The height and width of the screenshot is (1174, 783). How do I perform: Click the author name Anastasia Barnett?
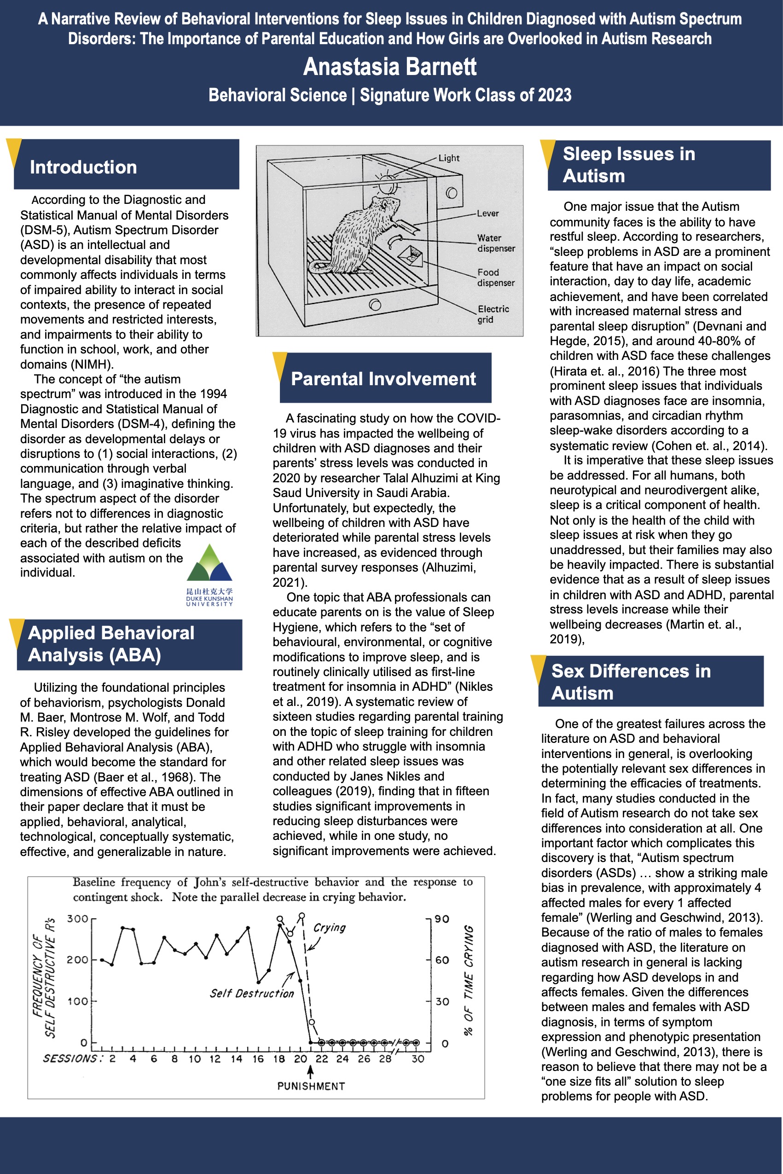click(x=389, y=67)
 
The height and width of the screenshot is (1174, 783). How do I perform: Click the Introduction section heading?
click(x=83, y=167)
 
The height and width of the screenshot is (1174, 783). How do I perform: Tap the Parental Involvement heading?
click(x=383, y=379)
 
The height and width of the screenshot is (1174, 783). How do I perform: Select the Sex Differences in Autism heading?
click(x=631, y=682)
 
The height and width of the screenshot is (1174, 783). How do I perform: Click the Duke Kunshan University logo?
click(x=209, y=574)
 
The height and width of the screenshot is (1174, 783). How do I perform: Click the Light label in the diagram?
click(x=448, y=158)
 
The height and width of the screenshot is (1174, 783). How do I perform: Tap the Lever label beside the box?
click(x=487, y=214)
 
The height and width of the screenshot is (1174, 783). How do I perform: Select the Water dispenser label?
click(x=495, y=243)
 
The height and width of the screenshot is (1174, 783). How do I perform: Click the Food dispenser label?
click(x=495, y=278)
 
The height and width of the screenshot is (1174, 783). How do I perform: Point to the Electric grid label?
click(x=493, y=314)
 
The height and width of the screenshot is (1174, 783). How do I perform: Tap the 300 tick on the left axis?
click(x=77, y=919)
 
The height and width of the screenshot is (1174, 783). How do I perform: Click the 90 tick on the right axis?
click(x=442, y=919)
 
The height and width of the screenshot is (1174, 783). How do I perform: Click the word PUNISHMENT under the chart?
click(x=311, y=1087)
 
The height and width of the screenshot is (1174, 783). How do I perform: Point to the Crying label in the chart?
click(x=329, y=927)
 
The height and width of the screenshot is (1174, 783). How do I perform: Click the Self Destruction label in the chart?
click(x=252, y=993)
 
